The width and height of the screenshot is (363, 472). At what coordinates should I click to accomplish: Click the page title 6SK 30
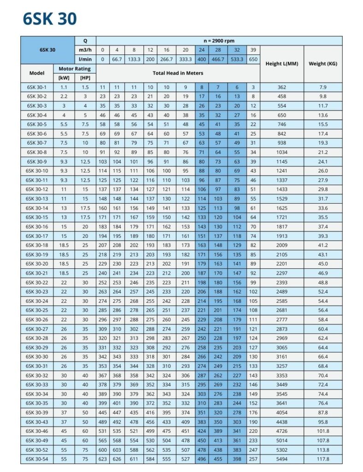click(x=50, y=18)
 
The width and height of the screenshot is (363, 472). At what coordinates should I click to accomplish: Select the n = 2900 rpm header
click(x=219, y=41)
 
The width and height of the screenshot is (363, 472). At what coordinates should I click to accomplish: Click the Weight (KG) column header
click(x=322, y=64)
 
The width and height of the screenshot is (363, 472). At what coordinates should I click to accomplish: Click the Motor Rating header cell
click(x=75, y=69)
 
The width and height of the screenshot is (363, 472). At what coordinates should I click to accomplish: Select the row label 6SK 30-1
click(x=37, y=87)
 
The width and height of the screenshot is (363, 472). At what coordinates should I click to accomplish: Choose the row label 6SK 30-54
click(x=37, y=459)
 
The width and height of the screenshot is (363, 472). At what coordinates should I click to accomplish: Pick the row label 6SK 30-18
click(x=37, y=245)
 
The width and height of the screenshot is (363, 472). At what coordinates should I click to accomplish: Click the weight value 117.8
click(x=322, y=459)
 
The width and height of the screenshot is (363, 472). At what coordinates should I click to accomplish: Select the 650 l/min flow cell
click(x=253, y=59)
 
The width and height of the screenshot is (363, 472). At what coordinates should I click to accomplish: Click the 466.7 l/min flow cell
click(x=218, y=59)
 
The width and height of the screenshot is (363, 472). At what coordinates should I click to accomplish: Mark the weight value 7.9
click(x=322, y=87)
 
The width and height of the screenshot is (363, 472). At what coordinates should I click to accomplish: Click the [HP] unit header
click(x=85, y=78)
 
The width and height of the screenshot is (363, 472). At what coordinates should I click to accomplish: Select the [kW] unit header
click(x=64, y=78)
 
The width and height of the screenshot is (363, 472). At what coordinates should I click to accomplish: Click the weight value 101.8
click(x=322, y=431)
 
